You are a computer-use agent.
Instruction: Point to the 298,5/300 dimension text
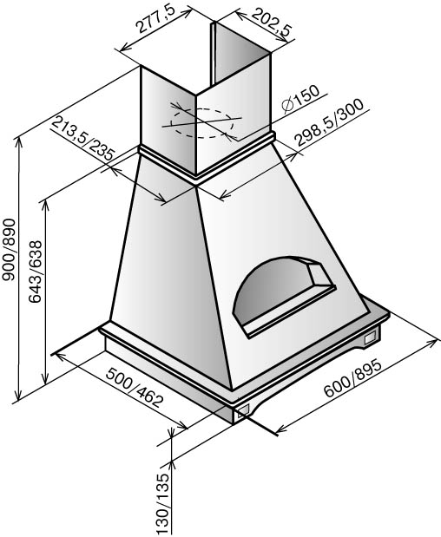tap(329, 122)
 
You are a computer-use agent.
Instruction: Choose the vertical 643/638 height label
tap(35, 272)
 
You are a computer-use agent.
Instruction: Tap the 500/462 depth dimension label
tap(134, 387)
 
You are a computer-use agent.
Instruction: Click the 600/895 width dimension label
tap(352, 377)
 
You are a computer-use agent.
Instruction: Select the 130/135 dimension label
tap(163, 505)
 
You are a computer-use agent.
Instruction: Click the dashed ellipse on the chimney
tap(203, 123)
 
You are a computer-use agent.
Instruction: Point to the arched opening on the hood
tap(283, 296)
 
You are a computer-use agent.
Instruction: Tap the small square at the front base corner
tap(242, 410)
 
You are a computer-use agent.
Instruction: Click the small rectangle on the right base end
tap(371, 338)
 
